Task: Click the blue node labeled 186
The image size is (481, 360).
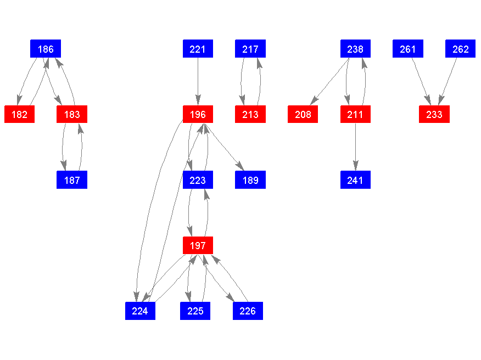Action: pos(46,49)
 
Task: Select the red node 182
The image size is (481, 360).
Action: pos(19,115)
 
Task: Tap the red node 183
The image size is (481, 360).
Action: pos(72,115)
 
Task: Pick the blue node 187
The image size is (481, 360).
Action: pos(72,180)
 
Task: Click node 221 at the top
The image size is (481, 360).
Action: pos(198,49)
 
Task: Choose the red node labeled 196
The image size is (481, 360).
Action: pos(198,115)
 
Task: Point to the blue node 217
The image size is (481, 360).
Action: pos(250,49)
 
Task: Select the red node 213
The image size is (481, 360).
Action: pos(250,115)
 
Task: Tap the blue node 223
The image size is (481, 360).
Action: pos(198,180)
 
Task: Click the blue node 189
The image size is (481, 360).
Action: pos(250,180)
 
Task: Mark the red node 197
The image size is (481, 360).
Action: pos(198,245)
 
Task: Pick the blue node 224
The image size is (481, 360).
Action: pos(140,311)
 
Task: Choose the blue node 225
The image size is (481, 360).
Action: pos(195,311)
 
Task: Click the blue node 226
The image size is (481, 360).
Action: pos(248,311)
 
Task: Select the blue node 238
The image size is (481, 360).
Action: pos(355,49)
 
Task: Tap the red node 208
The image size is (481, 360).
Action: pos(303,115)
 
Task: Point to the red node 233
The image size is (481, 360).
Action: pos(434,115)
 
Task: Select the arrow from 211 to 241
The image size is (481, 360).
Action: pos(355,147)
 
